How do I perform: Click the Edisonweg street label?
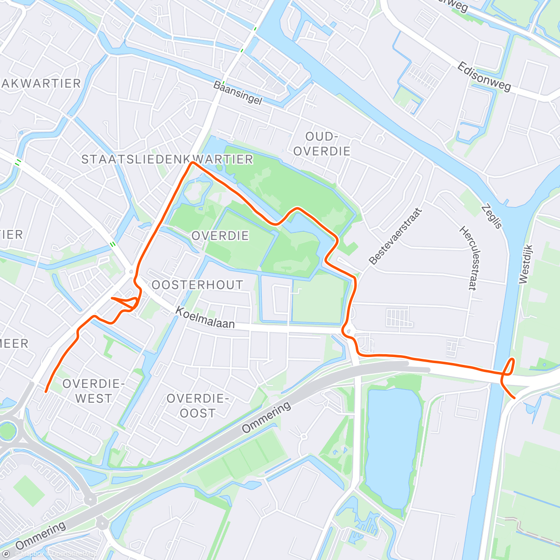[484, 77]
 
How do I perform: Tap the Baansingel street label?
[238, 92]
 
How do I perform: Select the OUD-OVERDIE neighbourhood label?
[322, 144]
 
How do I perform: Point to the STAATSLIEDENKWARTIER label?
[167, 160]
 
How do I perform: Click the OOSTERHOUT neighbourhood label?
[197, 285]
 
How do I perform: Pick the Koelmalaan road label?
[205, 318]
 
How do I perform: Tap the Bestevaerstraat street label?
[395, 237]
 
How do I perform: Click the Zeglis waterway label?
[492, 216]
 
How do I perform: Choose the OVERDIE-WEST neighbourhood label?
[93, 391]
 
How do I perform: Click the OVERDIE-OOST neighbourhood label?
[197, 406]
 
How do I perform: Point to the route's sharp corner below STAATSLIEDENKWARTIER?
[192, 162]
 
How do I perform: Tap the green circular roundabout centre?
[7, 430]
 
